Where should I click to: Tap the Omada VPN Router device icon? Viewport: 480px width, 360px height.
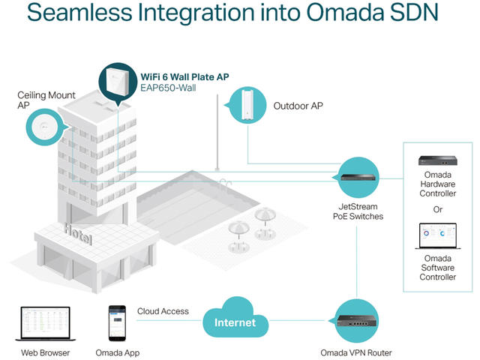pyautogui.click(x=355, y=322)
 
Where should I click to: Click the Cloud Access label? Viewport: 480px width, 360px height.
pyautogui.click(x=163, y=311)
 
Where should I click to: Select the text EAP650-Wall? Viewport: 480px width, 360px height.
pyautogui.click(x=169, y=88)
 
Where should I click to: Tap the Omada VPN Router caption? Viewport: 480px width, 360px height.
pyautogui.click(x=355, y=352)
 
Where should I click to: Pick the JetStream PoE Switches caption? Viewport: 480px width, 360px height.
pyautogui.click(x=355, y=211)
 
